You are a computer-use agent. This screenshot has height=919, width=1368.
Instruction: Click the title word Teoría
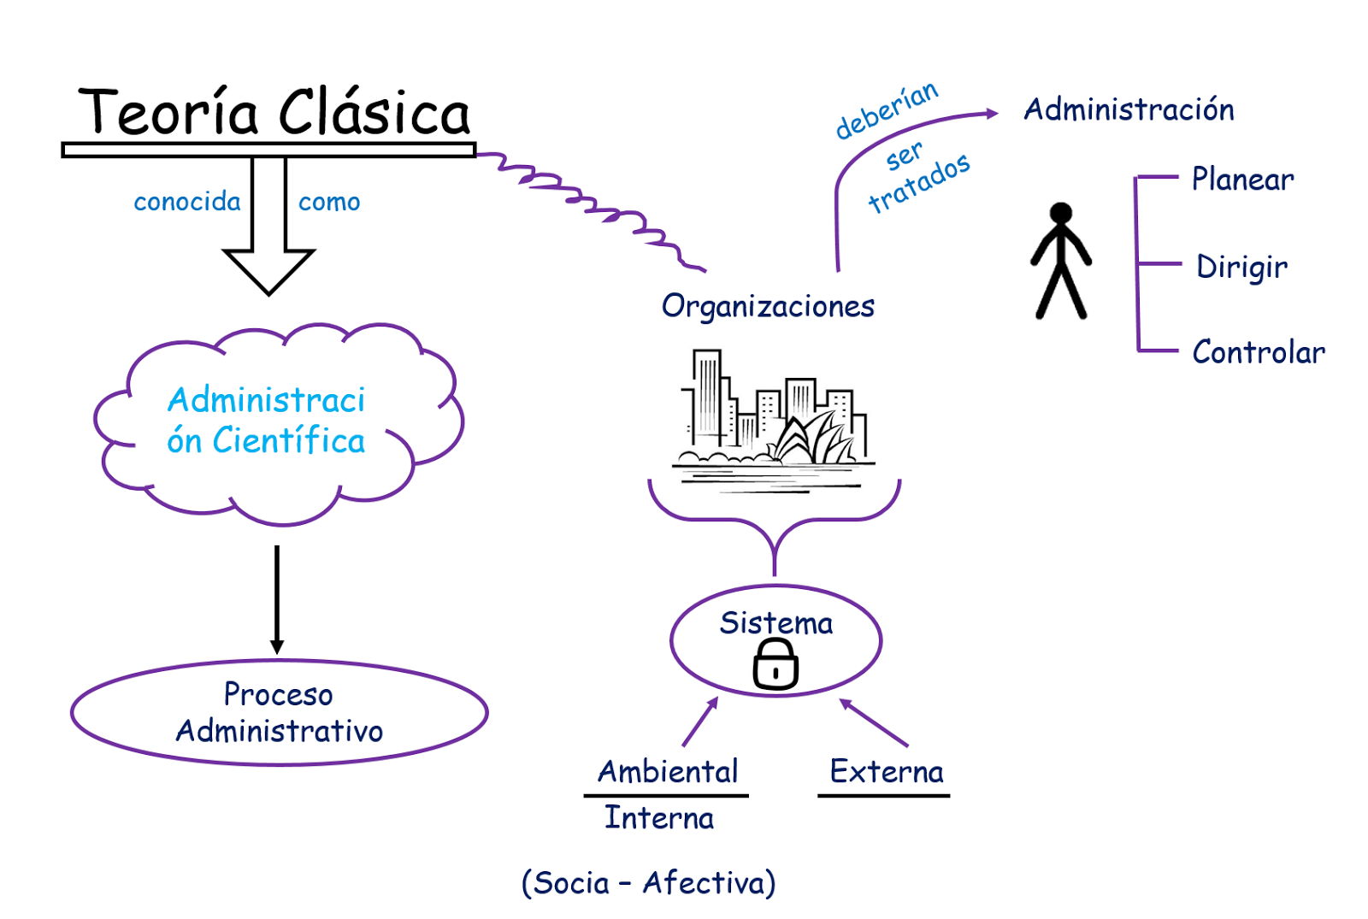[x=168, y=113]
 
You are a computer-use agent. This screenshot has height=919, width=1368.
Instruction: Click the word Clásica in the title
[x=374, y=113]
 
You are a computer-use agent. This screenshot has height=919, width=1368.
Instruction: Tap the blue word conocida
[x=187, y=202]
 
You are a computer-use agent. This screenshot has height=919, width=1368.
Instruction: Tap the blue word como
[x=329, y=203]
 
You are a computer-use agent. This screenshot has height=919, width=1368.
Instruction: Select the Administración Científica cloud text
[x=266, y=421]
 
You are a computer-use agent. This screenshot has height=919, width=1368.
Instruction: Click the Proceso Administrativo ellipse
[x=279, y=712]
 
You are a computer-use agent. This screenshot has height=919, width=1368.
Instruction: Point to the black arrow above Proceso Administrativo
[x=276, y=598]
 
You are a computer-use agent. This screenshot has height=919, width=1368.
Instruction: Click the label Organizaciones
[x=768, y=306]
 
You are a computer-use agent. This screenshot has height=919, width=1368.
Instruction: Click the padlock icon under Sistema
[x=775, y=665]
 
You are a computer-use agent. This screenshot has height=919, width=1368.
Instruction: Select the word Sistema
[x=775, y=623]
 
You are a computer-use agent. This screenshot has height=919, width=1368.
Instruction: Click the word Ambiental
[x=668, y=772]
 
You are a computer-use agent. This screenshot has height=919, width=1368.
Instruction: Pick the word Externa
[x=887, y=772]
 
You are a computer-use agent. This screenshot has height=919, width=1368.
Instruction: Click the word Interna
[x=659, y=818]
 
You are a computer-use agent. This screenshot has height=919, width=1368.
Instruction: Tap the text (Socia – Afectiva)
[x=648, y=882]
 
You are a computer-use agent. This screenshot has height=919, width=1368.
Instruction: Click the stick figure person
[x=1061, y=261]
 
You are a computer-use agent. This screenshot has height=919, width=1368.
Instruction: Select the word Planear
[x=1242, y=180]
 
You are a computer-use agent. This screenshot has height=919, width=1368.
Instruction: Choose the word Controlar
[x=1259, y=352]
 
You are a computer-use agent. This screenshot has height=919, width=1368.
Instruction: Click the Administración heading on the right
[x=1129, y=109]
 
